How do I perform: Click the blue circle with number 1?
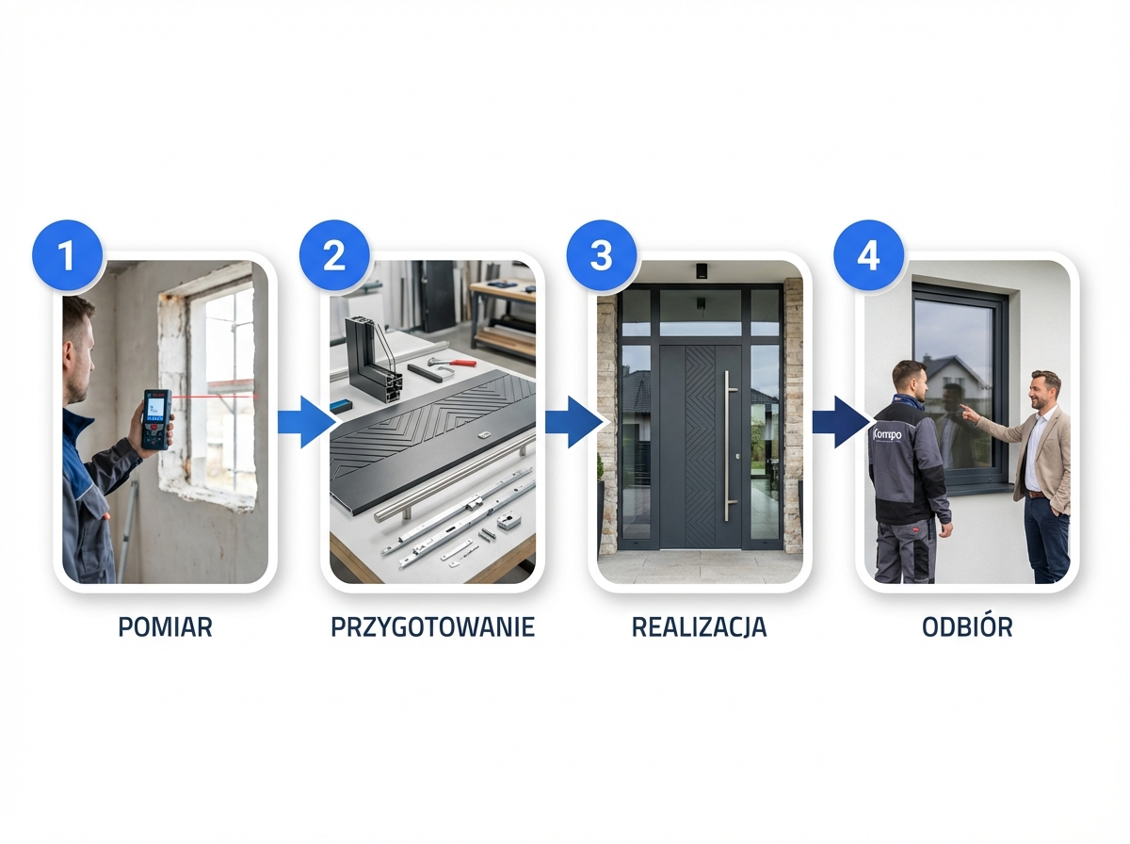click(66, 254)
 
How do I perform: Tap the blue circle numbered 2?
click(333, 254)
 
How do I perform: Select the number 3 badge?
click(601, 254)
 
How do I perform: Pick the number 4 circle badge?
click(868, 254)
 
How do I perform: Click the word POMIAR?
click(165, 627)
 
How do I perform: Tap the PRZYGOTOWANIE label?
click(432, 627)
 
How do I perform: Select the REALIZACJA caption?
click(699, 627)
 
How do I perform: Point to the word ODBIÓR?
click(967, 627)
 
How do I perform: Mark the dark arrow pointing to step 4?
click(836, 421)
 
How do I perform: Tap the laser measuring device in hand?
click(156, 418)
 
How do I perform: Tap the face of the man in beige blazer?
click(1042, 391)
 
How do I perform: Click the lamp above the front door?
click(701, 271)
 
